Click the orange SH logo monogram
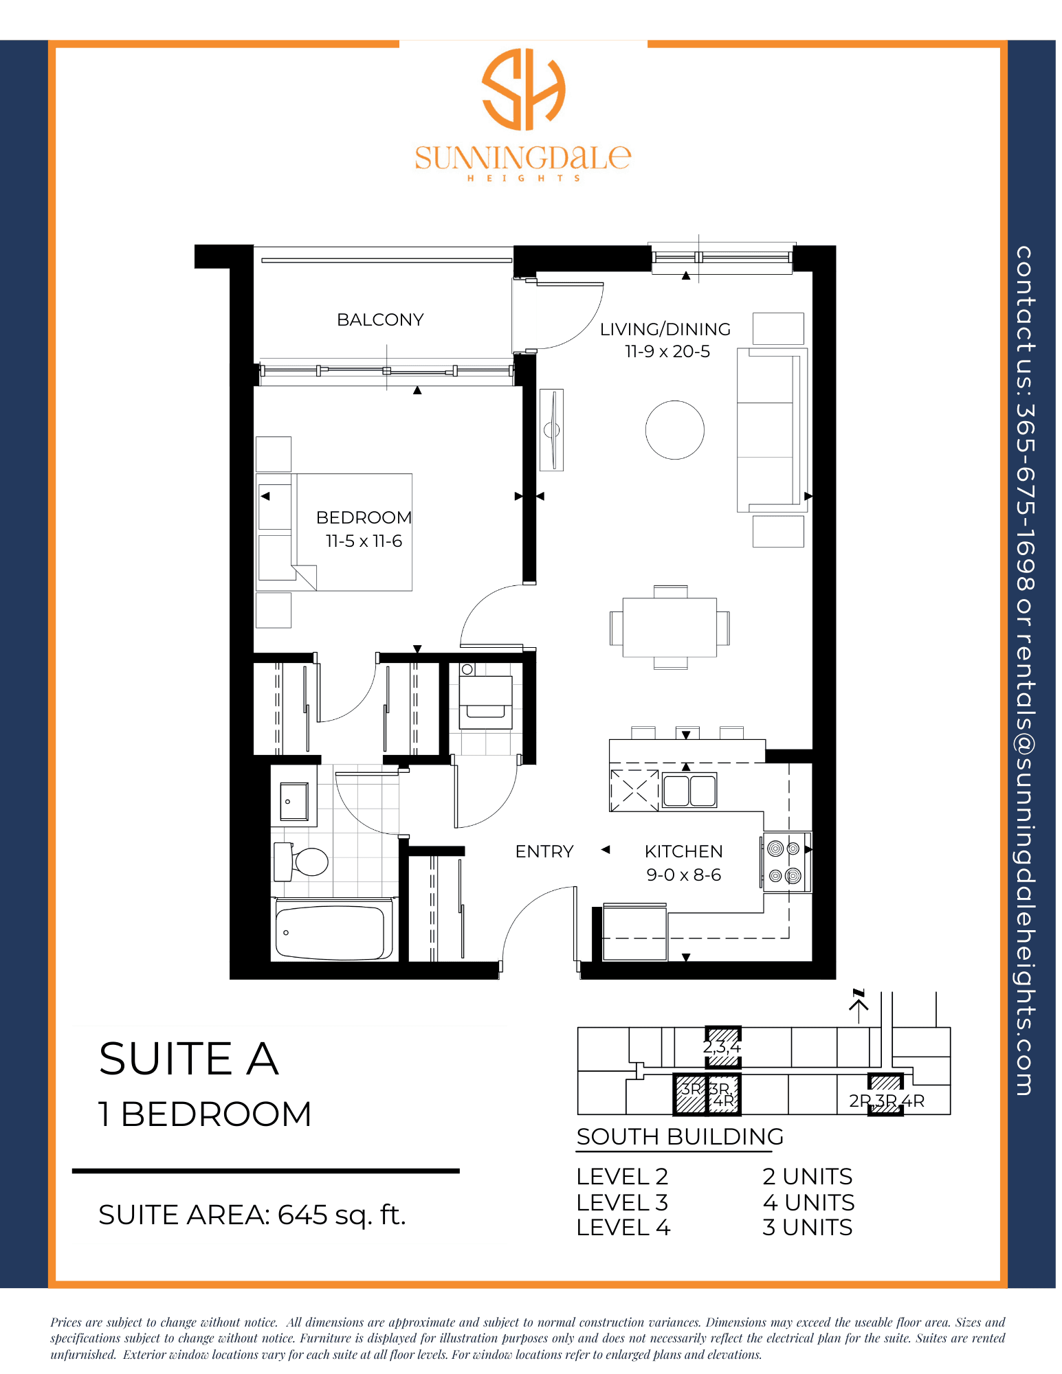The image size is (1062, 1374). [x=524, y=89]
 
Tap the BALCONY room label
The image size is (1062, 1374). [x=380, y=319]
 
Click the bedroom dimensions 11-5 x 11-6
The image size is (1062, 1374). [x=364, y=541]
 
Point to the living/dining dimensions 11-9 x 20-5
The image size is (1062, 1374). [x=667, y=352]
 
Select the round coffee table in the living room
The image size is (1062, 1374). [x=675, y=430]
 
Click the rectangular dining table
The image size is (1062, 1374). [x=670, y=627]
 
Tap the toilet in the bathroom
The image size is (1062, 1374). [x=302, y=861]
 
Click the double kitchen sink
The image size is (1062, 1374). [x=689, y=790]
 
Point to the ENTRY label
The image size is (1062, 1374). [x=544, y=852]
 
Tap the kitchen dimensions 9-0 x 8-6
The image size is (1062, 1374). [x=684, y=875]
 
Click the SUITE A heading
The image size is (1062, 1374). [x=189, y=1059]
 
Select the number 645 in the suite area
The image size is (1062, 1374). [x=303, y=1215]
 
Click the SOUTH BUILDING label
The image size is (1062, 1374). [x=680, y=1137]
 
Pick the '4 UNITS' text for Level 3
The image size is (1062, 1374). [x=808, y=1202]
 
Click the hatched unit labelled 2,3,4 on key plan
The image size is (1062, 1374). [x=723, y=1048]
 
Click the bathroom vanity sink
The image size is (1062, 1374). [x=294, y=802]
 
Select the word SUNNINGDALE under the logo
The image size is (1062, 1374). [x=523, y=158]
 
